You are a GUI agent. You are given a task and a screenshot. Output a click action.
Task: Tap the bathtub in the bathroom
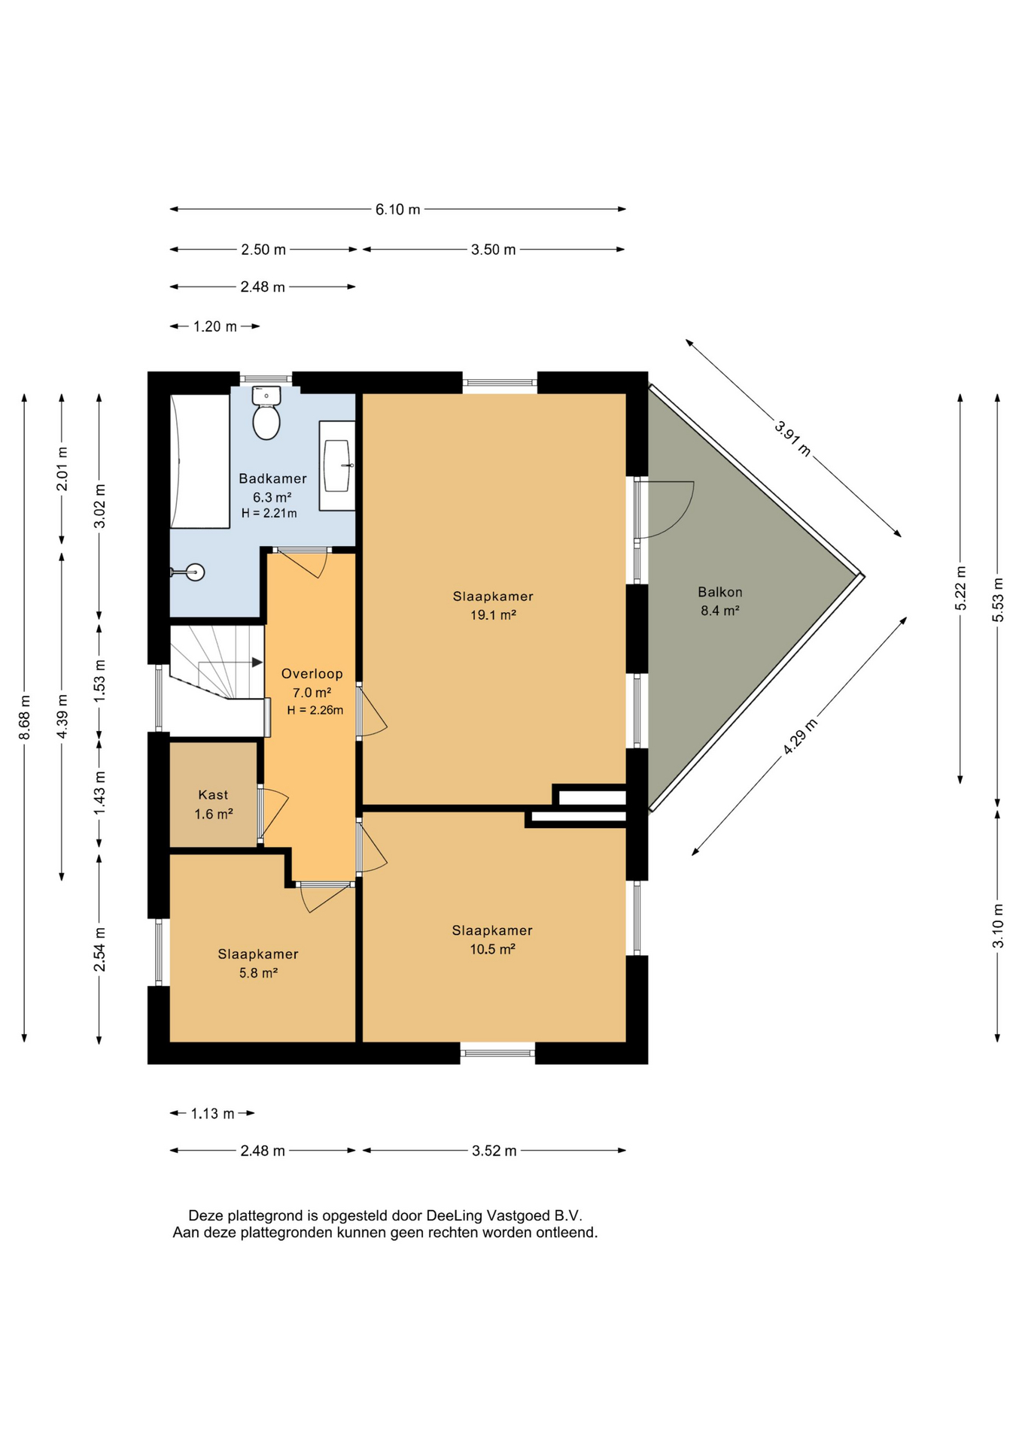click(200, 460)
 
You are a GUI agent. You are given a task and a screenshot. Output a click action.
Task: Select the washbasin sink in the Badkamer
click(337, 466)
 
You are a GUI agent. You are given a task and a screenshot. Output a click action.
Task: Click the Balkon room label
click(720, 592)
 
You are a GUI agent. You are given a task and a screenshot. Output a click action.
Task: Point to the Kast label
click(213, 794)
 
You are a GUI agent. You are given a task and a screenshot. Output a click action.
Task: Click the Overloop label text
click(312, 674)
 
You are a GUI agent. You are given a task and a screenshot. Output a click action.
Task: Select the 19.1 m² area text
click(493, 614)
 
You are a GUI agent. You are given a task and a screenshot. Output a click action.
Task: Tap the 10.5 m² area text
click(492, 949)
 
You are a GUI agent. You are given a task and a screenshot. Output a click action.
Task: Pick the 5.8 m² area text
click(258, 972)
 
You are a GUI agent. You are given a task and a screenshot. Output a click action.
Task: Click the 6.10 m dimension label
click(397, 210)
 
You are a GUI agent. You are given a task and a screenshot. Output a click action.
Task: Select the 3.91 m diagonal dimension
click(793, 438)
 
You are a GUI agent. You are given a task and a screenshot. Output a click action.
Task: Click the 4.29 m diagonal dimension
click(800, 736)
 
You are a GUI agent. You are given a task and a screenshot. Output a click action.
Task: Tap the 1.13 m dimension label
click(212, 1113)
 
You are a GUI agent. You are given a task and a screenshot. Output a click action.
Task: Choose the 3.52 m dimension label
click(494, 1151)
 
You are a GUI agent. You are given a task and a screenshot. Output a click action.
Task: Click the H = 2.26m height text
click(315, 710)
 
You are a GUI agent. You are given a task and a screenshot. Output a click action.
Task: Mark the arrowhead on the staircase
click(257, 663)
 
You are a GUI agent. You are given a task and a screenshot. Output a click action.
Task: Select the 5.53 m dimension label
click(998, 599)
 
